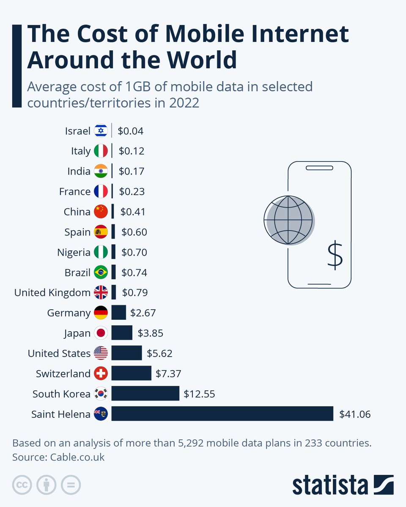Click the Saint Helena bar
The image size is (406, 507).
coord(222,414)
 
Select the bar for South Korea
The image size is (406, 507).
coord(145,393)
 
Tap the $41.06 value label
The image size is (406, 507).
coord(355,414)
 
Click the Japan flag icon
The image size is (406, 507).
coord(101,333)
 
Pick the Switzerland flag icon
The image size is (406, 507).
coord(101,373)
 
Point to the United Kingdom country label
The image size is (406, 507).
coord(52,292)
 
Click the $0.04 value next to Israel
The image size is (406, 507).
coord(131,131)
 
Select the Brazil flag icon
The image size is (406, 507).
coord(101,272)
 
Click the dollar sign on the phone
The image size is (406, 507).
coord(335,255)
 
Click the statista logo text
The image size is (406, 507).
coord(331,485)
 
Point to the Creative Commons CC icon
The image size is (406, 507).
coord(22,485)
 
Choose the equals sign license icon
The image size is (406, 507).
coord(71,485)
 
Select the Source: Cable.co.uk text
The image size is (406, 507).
coord(58,457)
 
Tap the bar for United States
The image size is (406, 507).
coord(126,353)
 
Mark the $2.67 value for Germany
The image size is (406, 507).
coord(143,313)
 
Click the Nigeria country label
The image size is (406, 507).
coord(74,253)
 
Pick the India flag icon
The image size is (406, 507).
coord(101,171)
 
